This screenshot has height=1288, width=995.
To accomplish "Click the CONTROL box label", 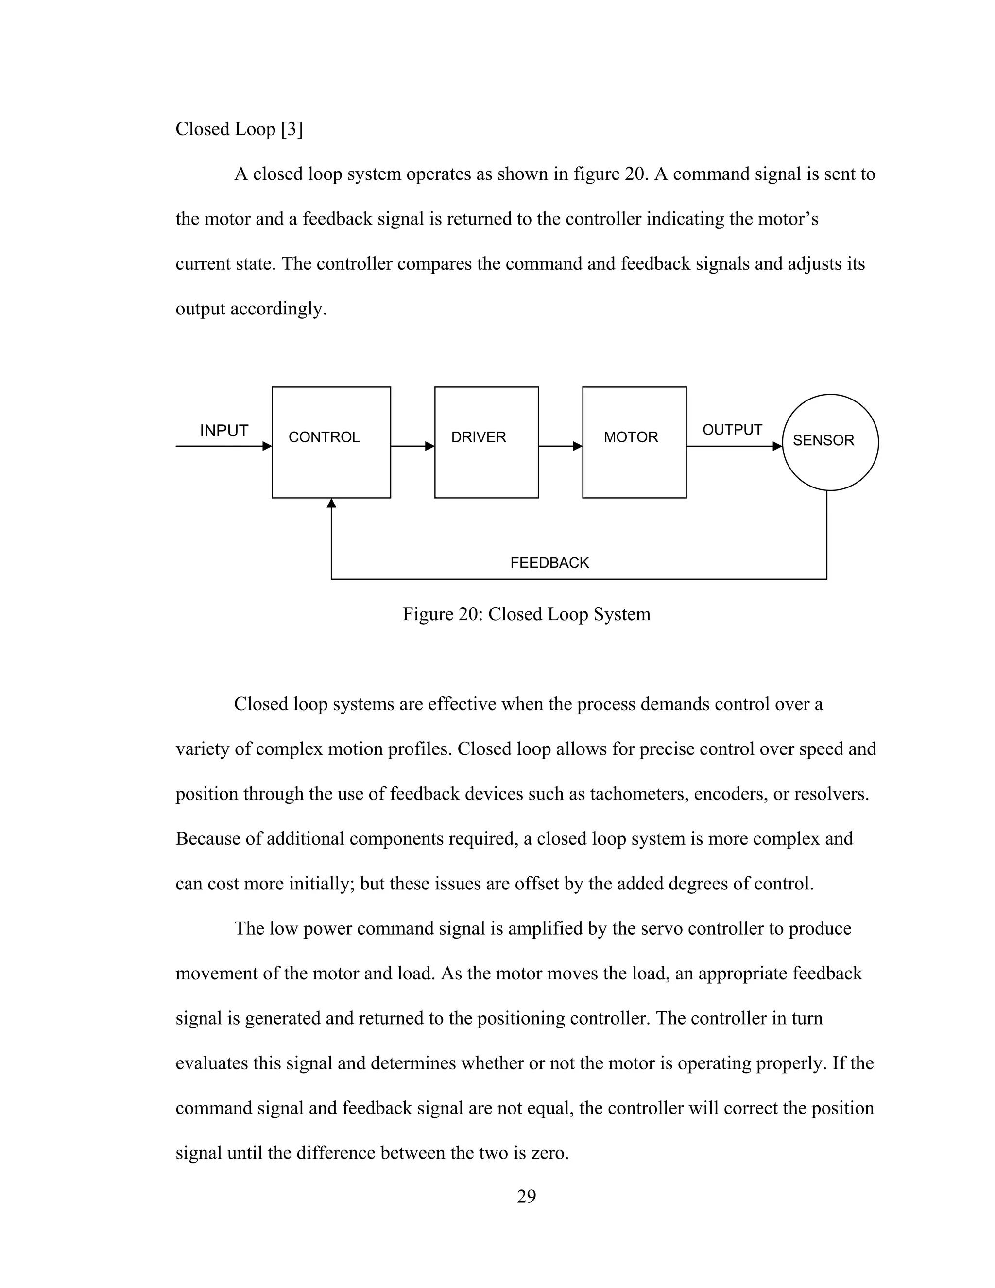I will [x=324, y=437].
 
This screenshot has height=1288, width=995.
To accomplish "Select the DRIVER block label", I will [x=478, y=437].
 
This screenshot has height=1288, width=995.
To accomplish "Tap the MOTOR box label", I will [x=630, y=437].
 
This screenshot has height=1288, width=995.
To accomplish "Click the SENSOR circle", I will [x=829, y=442].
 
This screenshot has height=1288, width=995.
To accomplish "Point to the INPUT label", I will [x=224, y=431].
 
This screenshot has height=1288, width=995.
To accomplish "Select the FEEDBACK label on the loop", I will [x=549, y=563].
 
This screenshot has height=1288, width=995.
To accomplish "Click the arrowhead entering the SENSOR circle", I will [x=777, y=447].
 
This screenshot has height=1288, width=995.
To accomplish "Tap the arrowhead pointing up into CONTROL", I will [x=331, y=503].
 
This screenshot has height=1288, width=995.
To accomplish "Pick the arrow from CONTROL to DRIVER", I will [x=412, y=447].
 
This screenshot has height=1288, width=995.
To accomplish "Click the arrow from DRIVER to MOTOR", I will [x=560, y=447].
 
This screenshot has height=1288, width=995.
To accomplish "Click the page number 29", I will [x=526, y=1196].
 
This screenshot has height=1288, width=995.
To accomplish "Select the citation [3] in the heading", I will [x=292, y=129].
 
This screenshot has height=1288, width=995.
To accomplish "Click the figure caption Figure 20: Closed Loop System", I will [x=526, y=614].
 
